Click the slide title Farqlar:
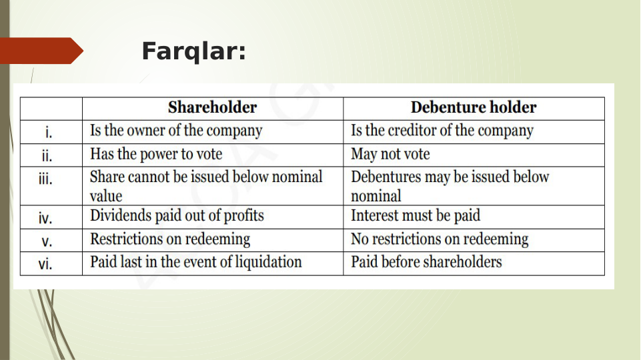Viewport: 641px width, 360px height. click(193, 51)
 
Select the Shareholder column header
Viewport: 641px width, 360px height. click(212, 108)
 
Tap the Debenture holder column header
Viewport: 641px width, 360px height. click(473, 108)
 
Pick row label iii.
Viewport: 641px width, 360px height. click(46, 179)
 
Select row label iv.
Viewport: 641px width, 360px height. click(45, 217)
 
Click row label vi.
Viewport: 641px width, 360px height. click(45, 264)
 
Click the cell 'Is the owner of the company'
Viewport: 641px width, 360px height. click(176, 131)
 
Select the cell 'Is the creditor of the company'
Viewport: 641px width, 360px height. click(442, 131)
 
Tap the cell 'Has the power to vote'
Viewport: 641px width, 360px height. click(156, 155)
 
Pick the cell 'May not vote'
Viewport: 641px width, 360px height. click(390, 155)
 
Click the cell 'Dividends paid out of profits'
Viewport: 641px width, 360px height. click(177, 216)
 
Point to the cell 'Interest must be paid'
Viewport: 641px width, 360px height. click(416, 216)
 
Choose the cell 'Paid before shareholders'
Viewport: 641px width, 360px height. click(426, 262)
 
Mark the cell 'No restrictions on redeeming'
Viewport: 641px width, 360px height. click(440, 239)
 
